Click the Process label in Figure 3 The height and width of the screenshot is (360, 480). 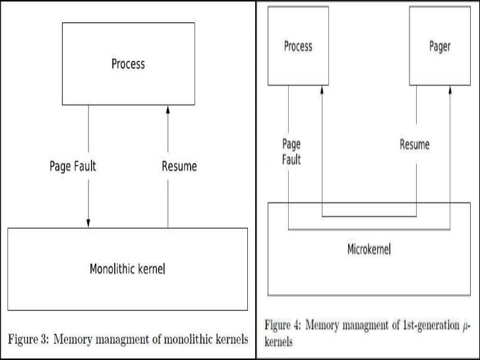click(x=128, y=64)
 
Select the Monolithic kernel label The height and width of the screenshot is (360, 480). click(x=127, y=269)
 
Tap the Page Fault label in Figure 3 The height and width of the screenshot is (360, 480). click(x=73, y=166)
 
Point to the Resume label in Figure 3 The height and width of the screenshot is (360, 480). click(x=179, y=166)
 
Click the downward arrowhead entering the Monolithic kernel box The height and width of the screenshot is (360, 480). click(x=88, y=223)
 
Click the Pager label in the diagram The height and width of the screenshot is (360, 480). click(x=440, y=47)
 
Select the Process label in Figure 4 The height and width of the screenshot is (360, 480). click(x=298, y=47)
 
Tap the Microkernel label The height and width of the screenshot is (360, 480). click(x=369, y=251)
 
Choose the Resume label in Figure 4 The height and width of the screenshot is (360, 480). click(x=415, y=144)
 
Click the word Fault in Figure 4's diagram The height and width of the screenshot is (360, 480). click(x=291, y=160)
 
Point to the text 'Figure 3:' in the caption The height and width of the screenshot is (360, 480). click(x=30, y=340)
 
